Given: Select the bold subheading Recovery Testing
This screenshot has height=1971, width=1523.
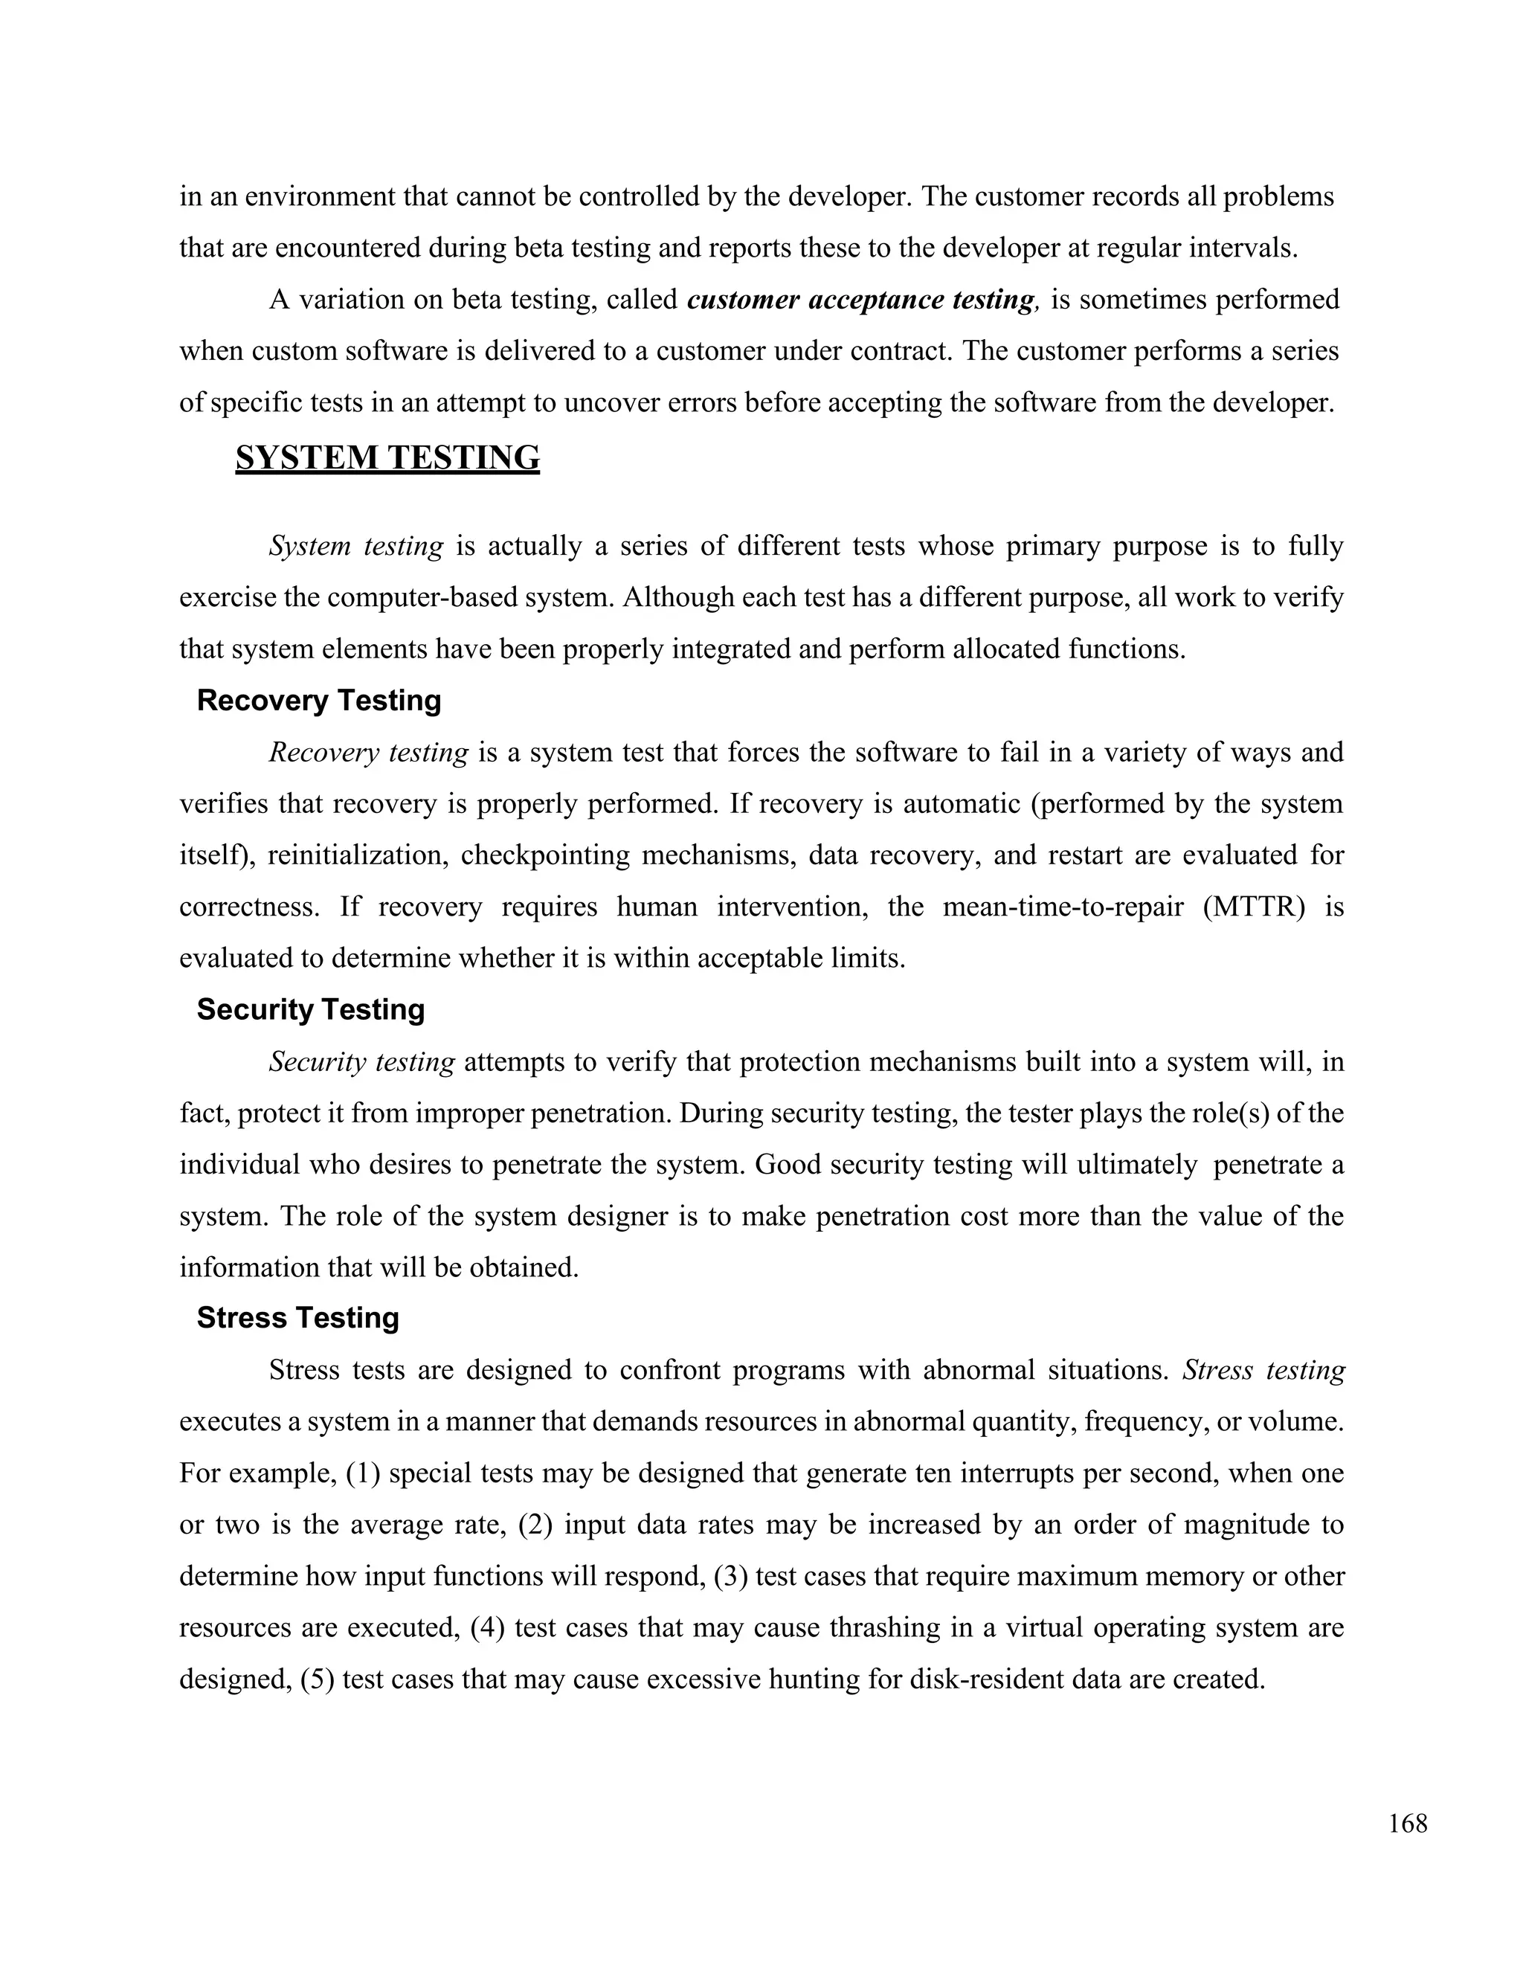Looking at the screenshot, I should coord(318,701).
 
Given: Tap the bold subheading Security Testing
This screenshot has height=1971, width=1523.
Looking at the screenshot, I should coord(310,1009).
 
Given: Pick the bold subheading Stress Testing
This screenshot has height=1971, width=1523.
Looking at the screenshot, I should coord(297,1318).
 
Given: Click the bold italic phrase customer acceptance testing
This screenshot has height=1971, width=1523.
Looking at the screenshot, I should coord(860,300).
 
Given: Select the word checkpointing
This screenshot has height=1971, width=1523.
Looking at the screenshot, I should coord(545,855).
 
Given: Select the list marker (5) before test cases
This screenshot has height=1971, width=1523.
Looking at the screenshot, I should coord(318,1679).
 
